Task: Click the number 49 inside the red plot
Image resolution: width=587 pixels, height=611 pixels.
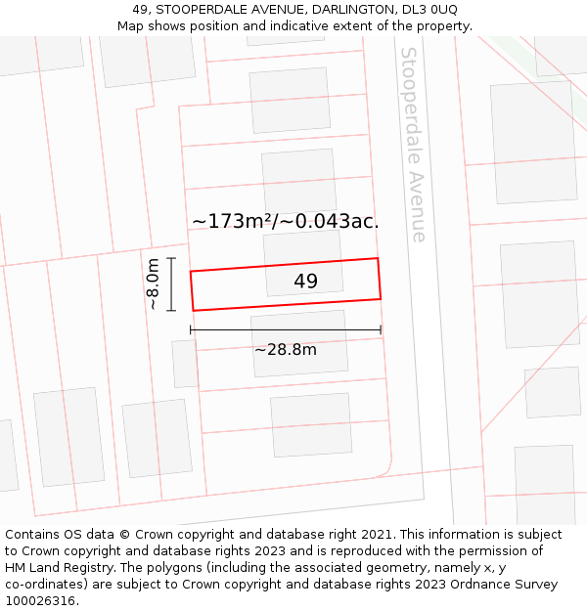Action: tap(305, 282)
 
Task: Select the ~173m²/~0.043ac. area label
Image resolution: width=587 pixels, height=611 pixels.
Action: tap(285, 222)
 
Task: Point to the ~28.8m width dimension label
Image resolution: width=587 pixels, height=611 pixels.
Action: tap(286, 350)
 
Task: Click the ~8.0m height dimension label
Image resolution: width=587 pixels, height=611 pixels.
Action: tap(153, 284)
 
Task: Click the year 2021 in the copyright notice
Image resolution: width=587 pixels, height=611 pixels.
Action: tap(377, 535)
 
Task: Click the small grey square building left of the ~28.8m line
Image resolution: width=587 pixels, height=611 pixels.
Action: tap(184, 364)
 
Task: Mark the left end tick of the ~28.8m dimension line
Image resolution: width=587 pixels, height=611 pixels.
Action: tap(191, 330)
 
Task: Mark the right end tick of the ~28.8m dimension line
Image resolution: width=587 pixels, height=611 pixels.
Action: tap(381, 330)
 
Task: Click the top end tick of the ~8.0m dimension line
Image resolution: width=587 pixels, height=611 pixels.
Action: tap(171, 258)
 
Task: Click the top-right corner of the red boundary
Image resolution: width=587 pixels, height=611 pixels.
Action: tap(378, 259)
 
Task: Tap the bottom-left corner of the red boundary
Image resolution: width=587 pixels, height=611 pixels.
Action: tap(194, 311)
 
